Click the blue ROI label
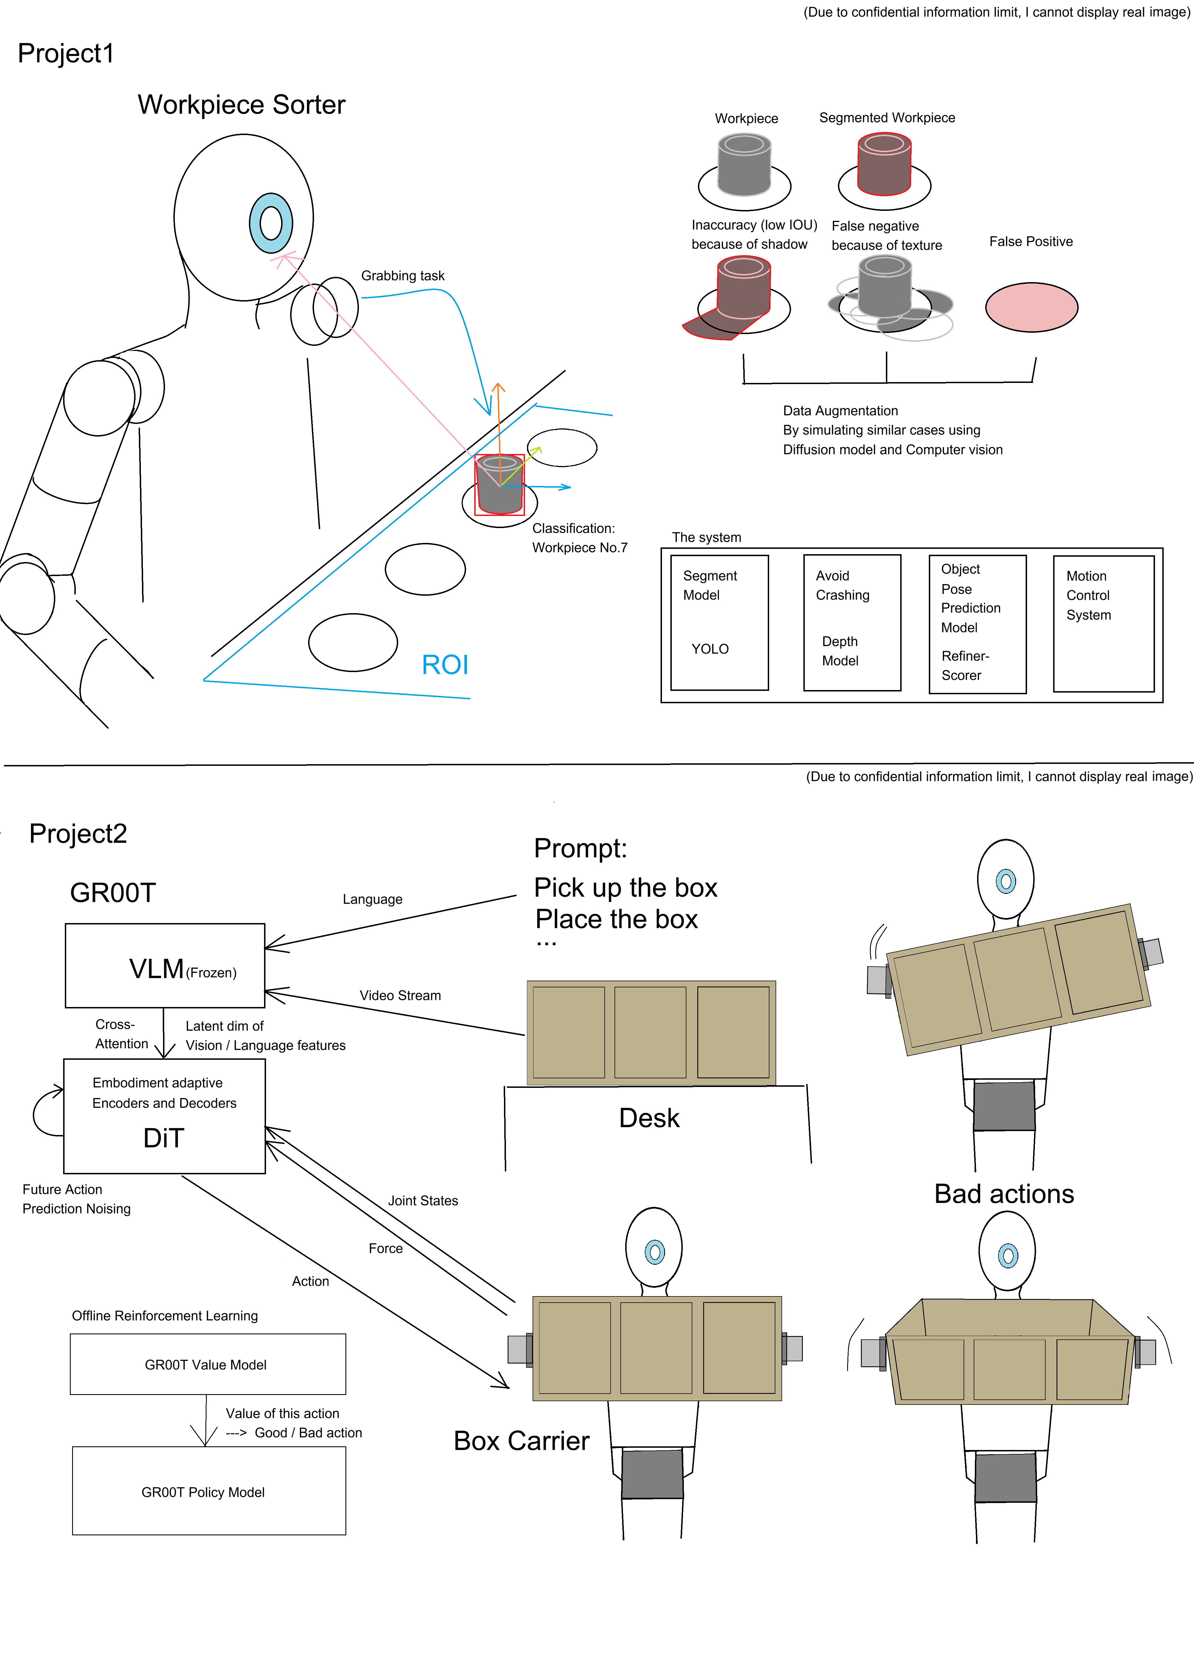point(444,664)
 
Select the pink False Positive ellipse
point(1032,307)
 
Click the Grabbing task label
point(403,276)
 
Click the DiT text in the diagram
point(163,1138)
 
